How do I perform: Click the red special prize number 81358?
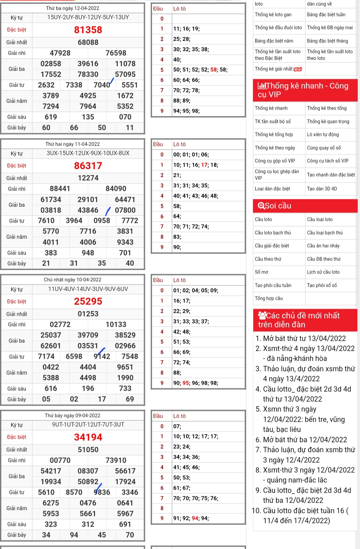[x=88, y=30]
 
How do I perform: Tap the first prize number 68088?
[x=88, y=42]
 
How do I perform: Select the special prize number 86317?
[x=88, y=166]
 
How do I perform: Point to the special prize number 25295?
[x=88, y=301]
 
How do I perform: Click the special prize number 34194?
[x=88, y=437]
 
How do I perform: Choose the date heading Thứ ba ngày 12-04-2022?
[x=72, y=8]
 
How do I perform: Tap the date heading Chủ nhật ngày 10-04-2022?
[x=72, y=279]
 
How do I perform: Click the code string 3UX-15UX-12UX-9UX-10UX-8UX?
[x=88, y=153]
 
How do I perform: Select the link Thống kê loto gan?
[x=273, y=15]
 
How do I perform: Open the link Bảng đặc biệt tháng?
[x=327, y=41]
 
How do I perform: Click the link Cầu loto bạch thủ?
[x=273, y=233]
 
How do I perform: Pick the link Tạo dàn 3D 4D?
[x=322, y=189]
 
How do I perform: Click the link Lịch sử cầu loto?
[x=323, y=272]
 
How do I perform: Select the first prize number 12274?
[x=88, y=178]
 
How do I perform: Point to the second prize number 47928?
[x=60, y=53]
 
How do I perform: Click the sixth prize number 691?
[x=125, y=524]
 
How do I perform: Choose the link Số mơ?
[x=261, y=272]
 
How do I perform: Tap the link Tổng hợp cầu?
[x=269, y=298]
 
